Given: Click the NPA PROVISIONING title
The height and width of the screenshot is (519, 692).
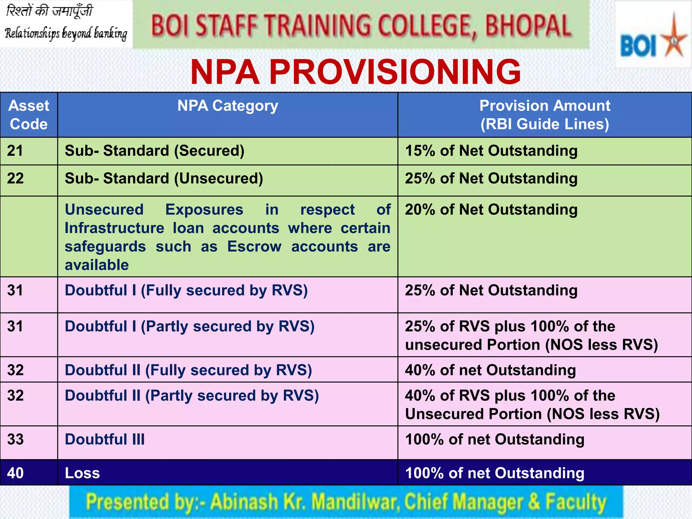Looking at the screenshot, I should [x=355, y=72].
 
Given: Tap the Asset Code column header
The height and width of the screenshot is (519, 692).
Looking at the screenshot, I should [x=29, y=115].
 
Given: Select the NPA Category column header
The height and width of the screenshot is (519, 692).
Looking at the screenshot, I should [x=228, y=106].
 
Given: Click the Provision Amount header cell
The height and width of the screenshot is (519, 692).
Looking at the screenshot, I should [x=545, y=115].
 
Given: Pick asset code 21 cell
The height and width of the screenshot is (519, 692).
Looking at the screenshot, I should [x=15, y=151].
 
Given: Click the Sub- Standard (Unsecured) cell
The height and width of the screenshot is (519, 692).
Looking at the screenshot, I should [x=164, y=178].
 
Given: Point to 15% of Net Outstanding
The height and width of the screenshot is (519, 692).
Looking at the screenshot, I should [x=491, y=151].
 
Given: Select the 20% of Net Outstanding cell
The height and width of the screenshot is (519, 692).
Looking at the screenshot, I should [x=491, y=209].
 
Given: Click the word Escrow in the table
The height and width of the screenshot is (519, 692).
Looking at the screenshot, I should [x=254, y=247].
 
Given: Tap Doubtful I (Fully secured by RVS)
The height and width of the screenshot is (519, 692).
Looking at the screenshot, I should [x=186, y=291].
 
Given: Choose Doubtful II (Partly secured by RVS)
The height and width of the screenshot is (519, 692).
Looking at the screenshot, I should [x=192, y=396].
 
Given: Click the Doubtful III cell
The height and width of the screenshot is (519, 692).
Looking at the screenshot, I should [x=105, y=440].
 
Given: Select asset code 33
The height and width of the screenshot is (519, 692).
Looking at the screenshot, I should [x=16, y=440].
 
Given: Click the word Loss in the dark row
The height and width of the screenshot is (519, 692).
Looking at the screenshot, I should [x=82, y=473].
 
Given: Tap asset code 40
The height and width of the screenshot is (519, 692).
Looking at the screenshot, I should [x=16, y=473].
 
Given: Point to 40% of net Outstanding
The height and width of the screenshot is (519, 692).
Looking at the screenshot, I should [x=490, y=370].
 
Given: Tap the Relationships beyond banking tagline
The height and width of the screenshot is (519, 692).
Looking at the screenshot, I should [x=66, y=34].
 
